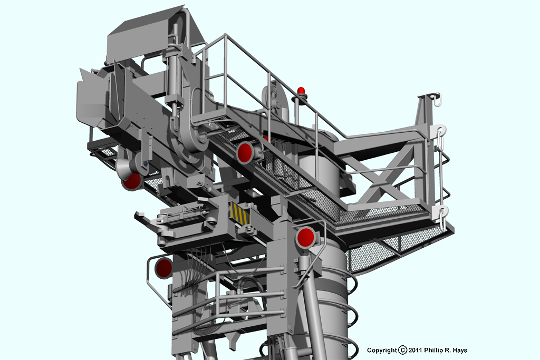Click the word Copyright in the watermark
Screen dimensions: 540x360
pyautogui.click(x=382, y=351)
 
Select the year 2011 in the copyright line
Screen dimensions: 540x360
pyautogui.click(x=416, y=350)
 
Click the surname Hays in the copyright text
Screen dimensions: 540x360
pyautogui.click(x=460, y=351)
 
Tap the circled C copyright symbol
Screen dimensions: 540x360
pyautogui.click(x=402, y=351)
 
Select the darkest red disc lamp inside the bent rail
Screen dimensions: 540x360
pyautogui.click(x=163, y=268)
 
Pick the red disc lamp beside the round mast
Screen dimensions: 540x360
pyautogui.click(x=305, y=237)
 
